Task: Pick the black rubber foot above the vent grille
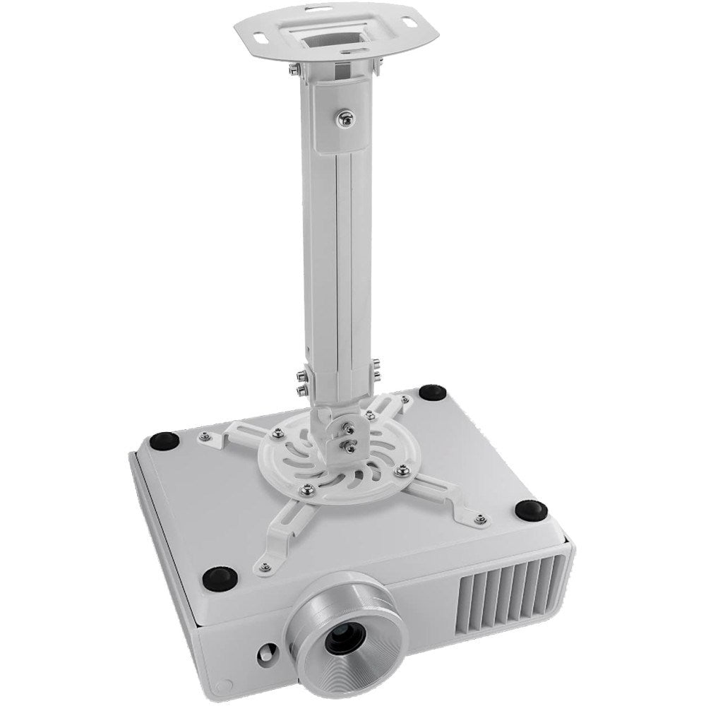pyautogui.click(x=532, y=508)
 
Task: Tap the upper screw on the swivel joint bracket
pyautogui.click(x=347, y=426)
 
